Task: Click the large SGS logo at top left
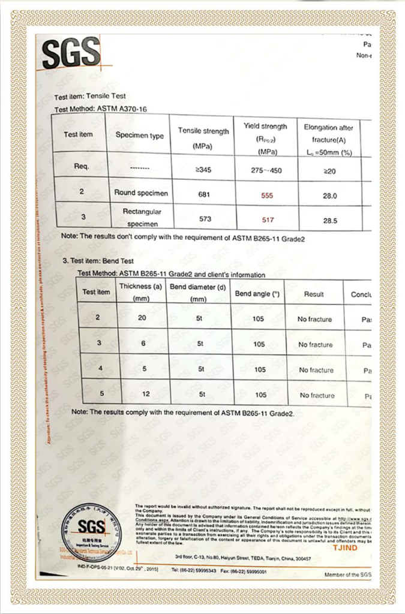[71, 53]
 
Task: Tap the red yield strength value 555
[267, 195]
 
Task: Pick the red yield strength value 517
[268, 220]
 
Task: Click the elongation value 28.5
[330, 221]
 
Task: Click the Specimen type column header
[140, 136]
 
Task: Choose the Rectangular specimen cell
[142, 218]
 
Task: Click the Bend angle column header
[257, 294]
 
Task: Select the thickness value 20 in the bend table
[142, 318]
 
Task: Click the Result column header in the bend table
[314, 294]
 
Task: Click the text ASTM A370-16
[121, 109]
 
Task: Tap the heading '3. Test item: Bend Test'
[98, 261]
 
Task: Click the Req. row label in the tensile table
[82, 166]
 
